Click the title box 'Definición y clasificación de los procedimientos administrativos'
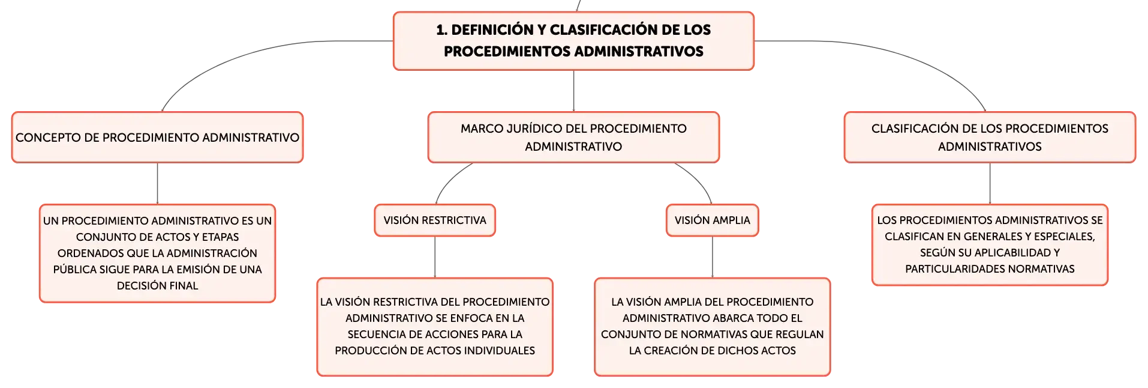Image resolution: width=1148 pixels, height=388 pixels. point(573,41)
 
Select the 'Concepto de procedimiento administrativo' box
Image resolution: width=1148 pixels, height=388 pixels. point(157,137)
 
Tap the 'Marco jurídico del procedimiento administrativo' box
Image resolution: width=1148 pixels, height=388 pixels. point(573,137)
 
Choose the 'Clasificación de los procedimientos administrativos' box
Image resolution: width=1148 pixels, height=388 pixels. point(990,137)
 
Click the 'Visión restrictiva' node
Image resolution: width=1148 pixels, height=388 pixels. point(435,220)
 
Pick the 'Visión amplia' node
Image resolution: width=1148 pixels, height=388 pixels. point(712,220)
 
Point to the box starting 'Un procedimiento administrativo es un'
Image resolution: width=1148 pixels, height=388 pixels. point(157,253)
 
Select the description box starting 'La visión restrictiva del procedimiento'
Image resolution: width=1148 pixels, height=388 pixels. point(435,326)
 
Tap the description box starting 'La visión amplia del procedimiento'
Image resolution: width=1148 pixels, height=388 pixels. point(712,326)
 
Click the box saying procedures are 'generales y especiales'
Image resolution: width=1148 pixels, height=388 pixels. point(990,244)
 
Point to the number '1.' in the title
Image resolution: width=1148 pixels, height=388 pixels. point(441,30)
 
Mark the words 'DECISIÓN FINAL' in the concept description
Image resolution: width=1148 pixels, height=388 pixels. point(157,286)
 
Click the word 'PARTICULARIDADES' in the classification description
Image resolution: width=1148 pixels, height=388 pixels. point(948,269)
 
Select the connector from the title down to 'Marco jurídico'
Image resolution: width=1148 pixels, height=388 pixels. point(573,91)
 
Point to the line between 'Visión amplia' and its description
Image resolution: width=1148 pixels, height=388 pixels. point(712,257)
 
